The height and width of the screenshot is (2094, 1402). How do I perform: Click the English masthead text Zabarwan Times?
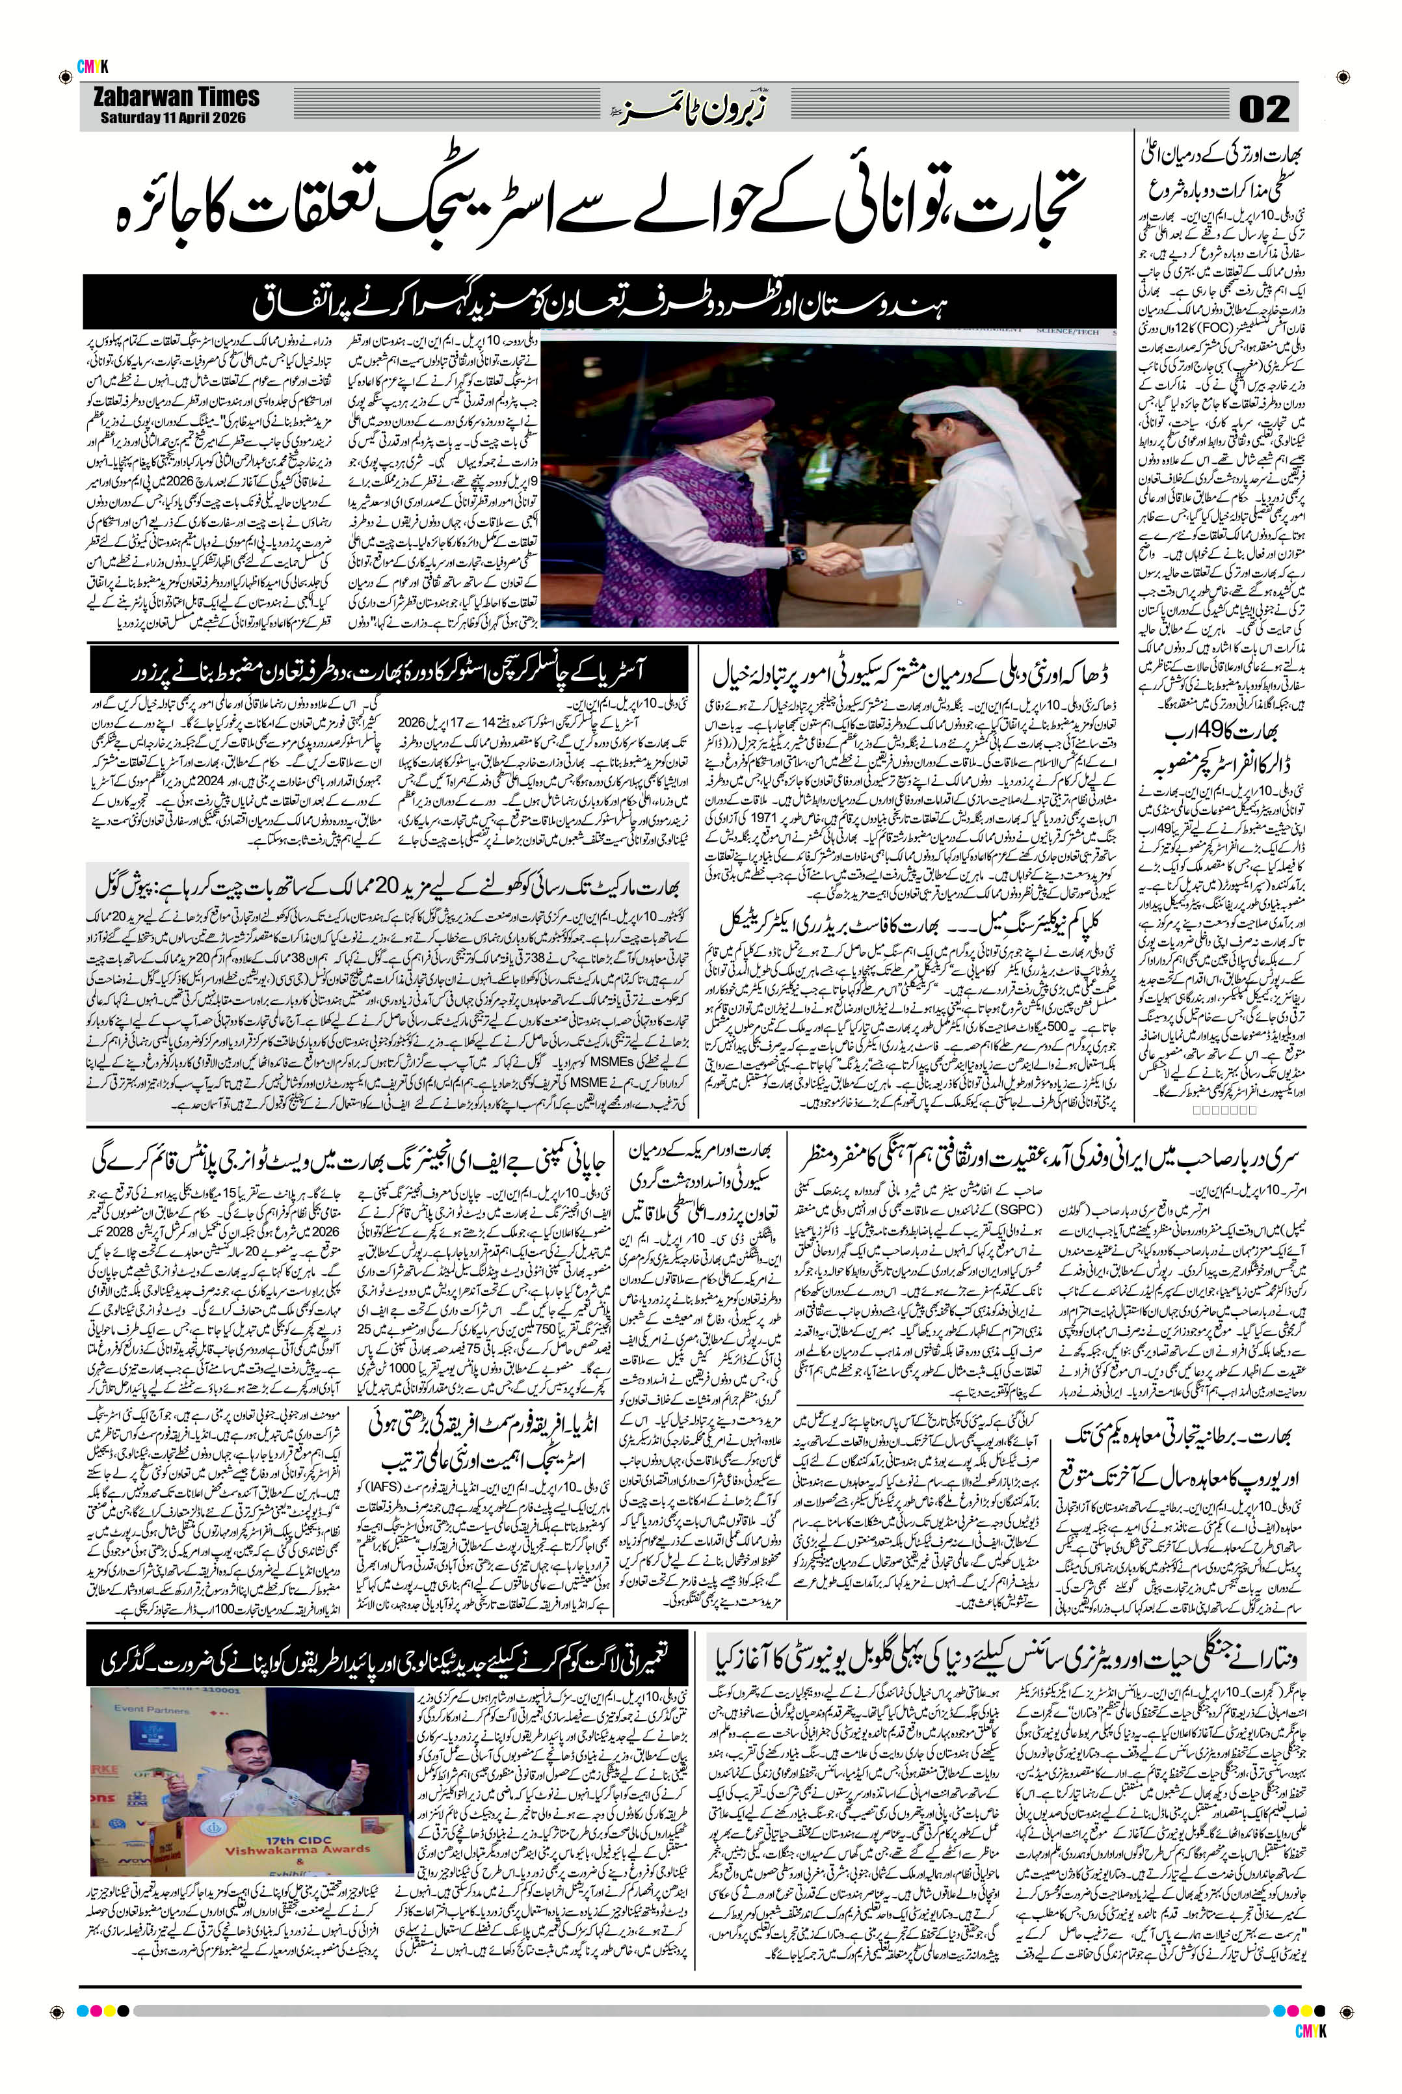176,97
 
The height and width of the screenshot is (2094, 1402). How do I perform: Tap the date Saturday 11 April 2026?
172,117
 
